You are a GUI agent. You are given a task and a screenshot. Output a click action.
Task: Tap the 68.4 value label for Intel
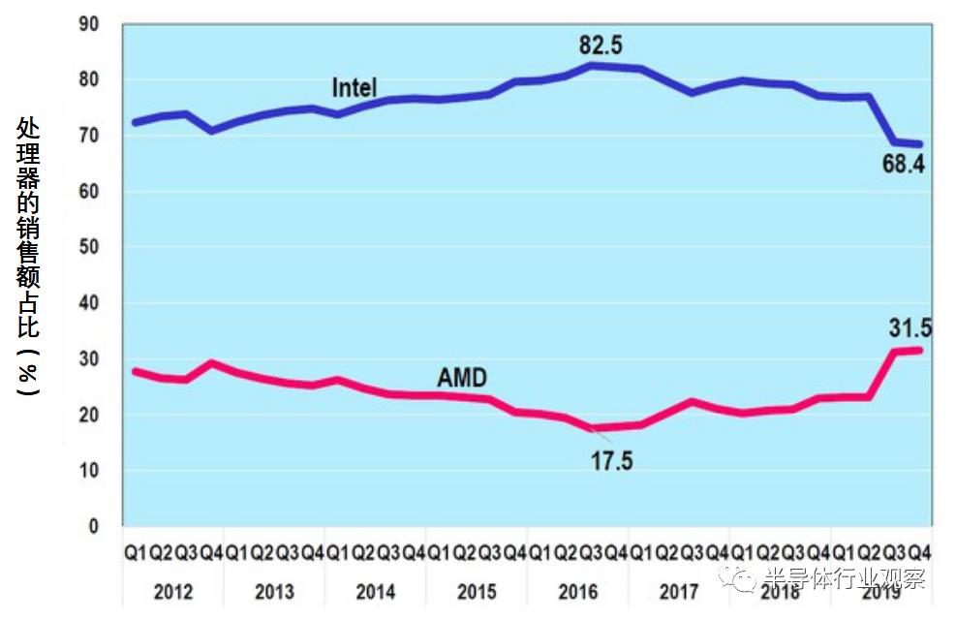903,165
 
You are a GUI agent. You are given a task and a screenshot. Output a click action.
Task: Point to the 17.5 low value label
611,461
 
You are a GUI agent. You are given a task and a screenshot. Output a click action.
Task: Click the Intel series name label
355,87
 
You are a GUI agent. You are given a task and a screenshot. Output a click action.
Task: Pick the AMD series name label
462,378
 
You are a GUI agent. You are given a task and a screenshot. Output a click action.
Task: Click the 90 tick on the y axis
88,23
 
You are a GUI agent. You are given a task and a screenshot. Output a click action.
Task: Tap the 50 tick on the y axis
88,247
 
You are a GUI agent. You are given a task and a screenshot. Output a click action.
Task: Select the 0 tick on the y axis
94,527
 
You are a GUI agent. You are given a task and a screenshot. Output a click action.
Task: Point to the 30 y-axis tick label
88,359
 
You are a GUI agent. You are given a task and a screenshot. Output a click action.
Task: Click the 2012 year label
172,591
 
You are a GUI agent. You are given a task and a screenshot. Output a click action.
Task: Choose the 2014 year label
375,591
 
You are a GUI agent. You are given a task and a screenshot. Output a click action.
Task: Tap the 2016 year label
577,591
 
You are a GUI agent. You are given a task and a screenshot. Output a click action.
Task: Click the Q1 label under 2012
135,554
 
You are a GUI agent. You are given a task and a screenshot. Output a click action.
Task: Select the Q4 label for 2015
514,554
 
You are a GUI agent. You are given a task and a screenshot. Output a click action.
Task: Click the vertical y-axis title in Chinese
29,256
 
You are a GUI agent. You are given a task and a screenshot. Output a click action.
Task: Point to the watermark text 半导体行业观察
844,579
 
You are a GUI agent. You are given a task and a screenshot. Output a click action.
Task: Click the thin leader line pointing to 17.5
600,436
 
